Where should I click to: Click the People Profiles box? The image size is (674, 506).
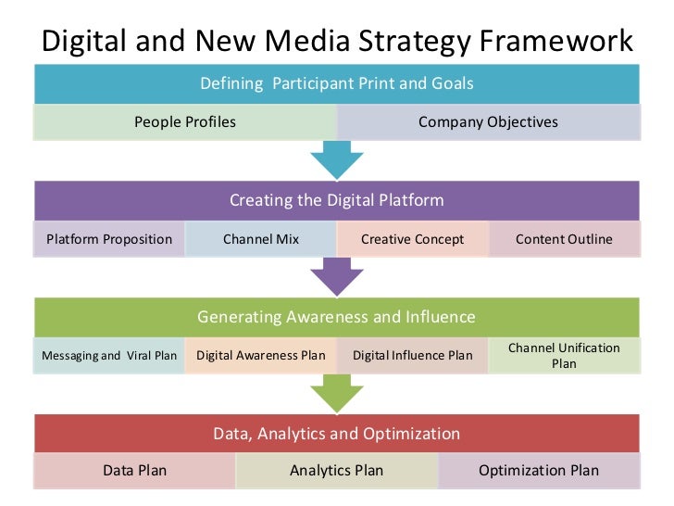(185, 121)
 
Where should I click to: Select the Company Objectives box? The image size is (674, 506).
(488, 121)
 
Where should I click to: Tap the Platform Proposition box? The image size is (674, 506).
(109, 239)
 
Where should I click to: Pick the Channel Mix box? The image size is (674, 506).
(261, 239)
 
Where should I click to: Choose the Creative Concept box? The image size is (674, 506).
(412, 239)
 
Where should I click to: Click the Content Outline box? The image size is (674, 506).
(564, 239)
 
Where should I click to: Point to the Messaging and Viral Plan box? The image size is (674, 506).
(109, 356)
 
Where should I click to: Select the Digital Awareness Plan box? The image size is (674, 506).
(261, 356)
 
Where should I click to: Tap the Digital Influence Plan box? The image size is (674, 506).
(412, 356)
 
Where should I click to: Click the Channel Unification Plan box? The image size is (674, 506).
(564, 356)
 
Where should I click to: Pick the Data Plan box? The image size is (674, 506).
(135, 471)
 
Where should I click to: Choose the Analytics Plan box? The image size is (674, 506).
(337, 471)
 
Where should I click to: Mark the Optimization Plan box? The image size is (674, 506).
(539, 471)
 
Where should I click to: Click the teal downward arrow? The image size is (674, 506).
(336, 159)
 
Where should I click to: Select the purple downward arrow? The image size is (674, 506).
(336, 276)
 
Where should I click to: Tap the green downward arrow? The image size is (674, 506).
(336, 394)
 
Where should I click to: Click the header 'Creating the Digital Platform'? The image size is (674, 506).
(337, 200)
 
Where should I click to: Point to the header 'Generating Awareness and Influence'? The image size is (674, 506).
(337, 317)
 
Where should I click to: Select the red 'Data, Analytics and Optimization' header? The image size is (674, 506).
(337, 433)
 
